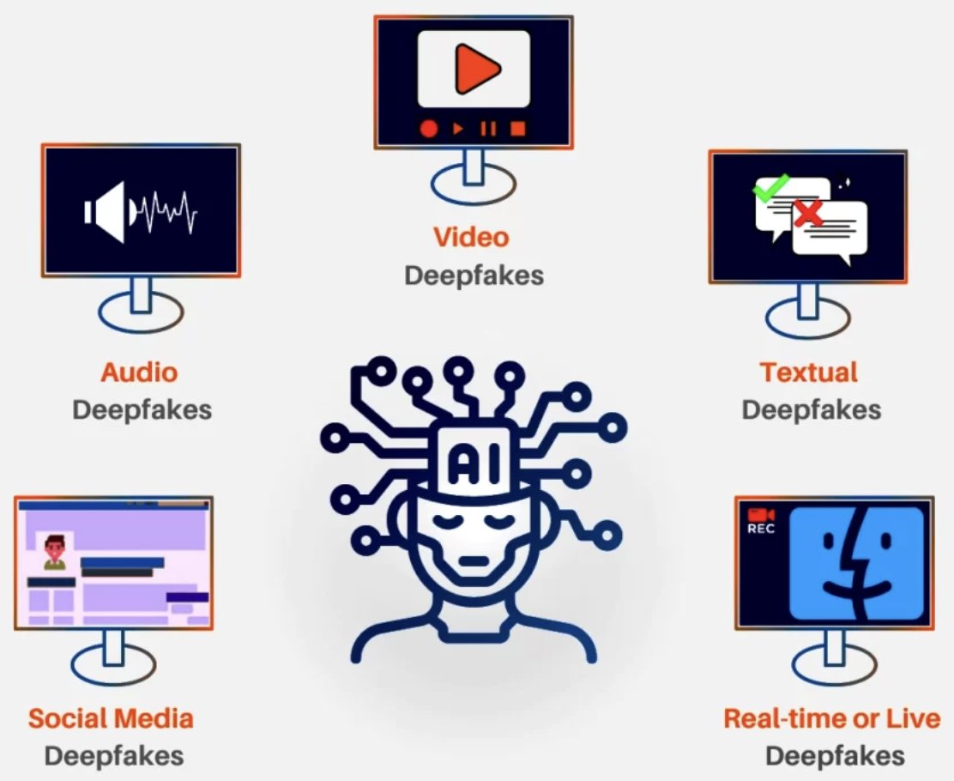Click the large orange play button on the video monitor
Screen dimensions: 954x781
pyautogui.click(x=477, y=69)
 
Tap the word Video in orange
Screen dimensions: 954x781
pyautogui.click(x=471, y=237)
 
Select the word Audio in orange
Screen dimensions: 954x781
pyautogui.click(x=139, y=372)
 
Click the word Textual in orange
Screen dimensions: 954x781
pyautogui.click(x=808, y=372)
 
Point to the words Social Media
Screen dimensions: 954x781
pyautogui.click(x=111, y=718)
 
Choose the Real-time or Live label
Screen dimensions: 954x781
pyautogui.click(x=831, y=718)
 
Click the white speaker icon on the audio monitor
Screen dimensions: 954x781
pyautogui.click(x=108, y=211)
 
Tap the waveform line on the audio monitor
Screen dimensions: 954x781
pyautogui.click(x=167, y=212)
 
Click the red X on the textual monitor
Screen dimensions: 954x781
pyautogui.click(x=807, y=211)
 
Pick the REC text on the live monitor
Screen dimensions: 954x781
pyautogui.click(x=761, y=529)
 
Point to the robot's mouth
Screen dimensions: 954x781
pyautogui.click(x=472, y=562)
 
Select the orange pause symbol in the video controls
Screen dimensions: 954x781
pyautogui.click(x=488, y=129)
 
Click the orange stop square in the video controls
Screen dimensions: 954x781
pyautogui.click(x=517, y=129)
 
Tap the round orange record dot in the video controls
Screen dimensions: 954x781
pyautogui.click(x=429, y=129)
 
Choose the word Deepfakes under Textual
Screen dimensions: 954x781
pyautogui.click(x=811, y=409)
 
